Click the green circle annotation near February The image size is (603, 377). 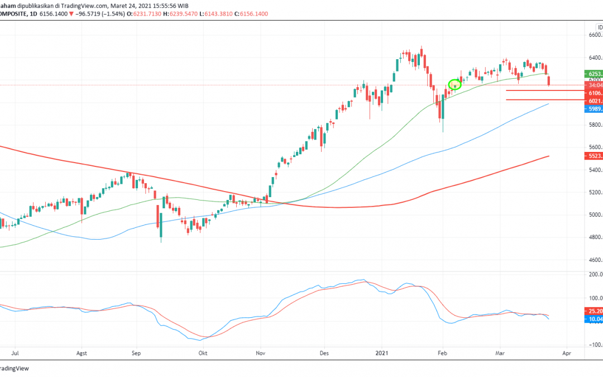[454, 85]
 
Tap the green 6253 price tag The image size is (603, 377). [594, 73]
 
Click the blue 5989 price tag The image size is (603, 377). [594, 109]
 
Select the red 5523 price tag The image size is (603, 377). [594, 156]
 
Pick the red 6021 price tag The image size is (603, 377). [594, 101]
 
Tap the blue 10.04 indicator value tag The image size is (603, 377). [594, 319]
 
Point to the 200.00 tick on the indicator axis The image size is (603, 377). [594, 274]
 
